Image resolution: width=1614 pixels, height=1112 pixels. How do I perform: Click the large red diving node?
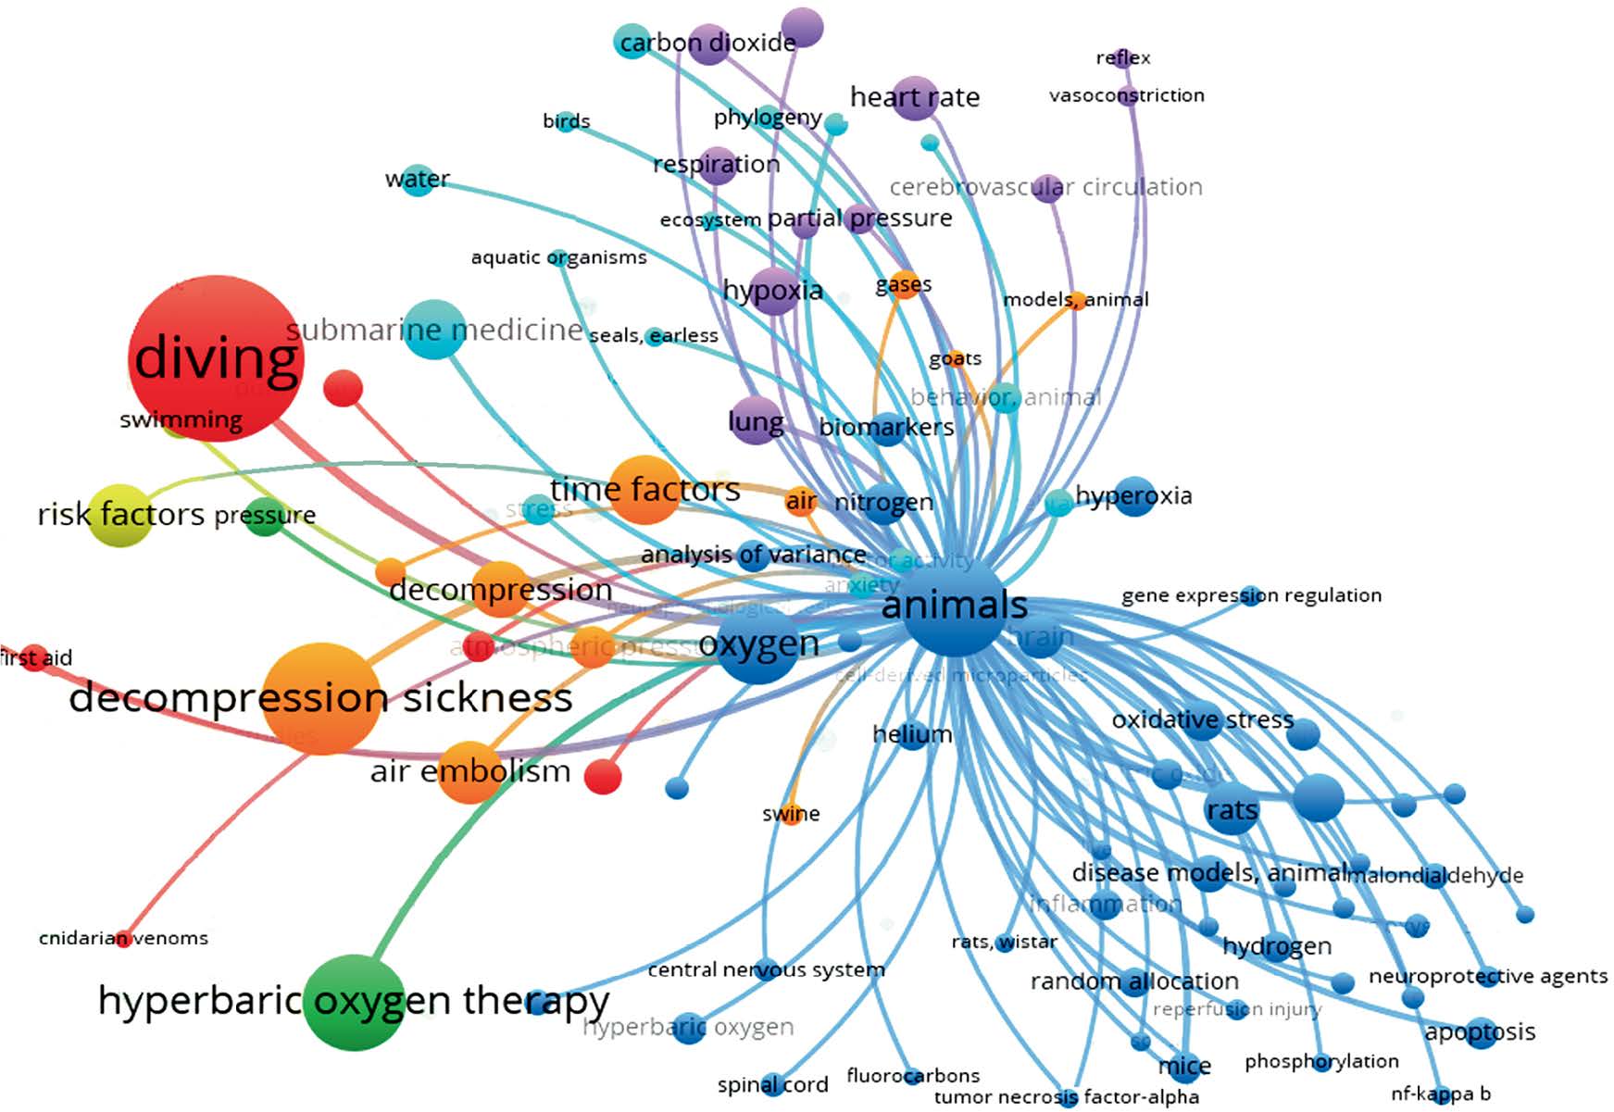(x=216, y=357)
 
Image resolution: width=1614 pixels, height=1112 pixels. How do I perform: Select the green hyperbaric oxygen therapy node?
(x=355, y=1003)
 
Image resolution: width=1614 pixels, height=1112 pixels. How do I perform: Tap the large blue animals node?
(x=954, y=606)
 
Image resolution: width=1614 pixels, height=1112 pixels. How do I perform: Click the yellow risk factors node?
(x=119, y=515)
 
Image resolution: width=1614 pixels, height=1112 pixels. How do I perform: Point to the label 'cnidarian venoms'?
(x=123, y=938)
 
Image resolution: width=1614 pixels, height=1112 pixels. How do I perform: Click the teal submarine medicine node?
(x=434, y=330)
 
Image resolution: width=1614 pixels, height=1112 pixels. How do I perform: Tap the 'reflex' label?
(x=1122, y=57)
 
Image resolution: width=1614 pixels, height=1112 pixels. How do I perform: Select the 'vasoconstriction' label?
(x=1126, y=94)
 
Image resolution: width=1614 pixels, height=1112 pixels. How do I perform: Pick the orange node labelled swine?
(x=792, y=815)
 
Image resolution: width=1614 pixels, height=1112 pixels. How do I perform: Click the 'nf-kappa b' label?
(x=1440, y=1093)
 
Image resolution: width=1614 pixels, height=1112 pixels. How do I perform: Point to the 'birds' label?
(x=566, y=121)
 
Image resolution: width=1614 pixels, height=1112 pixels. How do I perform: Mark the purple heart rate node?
(x=915, y=97)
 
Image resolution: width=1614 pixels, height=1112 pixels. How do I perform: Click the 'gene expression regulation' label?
(x=1251, y=595)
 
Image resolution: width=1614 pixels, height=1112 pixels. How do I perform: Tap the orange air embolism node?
(x=469, y=771)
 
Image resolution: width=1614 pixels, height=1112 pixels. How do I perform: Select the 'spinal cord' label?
(x=772, y=1084)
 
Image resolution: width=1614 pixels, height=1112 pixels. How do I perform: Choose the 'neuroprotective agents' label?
(x=1487, y=976)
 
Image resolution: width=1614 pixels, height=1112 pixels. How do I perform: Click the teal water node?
(x=418, y=178)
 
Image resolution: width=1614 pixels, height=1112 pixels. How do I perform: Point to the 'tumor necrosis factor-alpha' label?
(x=1066, y=1098)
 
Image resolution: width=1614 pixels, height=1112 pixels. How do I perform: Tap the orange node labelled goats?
(x=955, y=358)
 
